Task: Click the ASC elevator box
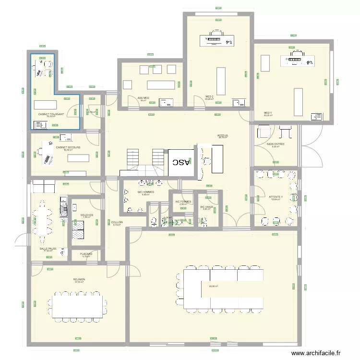coord(181,162)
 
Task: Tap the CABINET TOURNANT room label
coord(50,114)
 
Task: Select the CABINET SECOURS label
coord(68,147)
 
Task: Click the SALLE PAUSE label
coord(48,249)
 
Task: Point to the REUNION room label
coord(79,279)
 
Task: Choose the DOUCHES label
coord(87,215)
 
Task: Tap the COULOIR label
coord(117,222)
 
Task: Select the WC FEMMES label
coord(183,202)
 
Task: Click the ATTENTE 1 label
coord(276,197)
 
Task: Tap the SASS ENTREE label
coord(276,144)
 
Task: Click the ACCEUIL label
coord(223,135)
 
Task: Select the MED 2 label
coord(209,96)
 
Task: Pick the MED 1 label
coord(268,113)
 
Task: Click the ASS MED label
coord(143,98)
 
